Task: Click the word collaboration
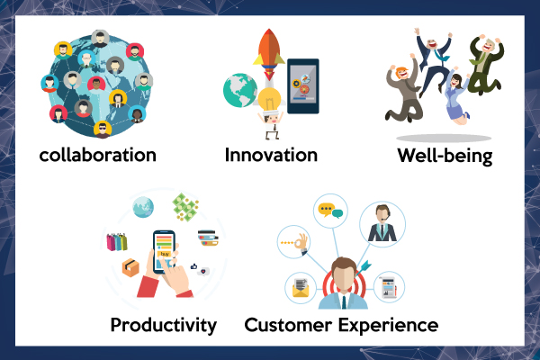click(98, 155)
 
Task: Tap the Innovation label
click(271, 155)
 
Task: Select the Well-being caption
click(445, 156)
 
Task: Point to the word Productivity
click(164, 326)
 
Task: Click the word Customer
click(288, 325)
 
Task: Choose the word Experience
click(388, 326)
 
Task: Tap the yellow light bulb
click(270, 100)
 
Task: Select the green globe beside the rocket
click(240, 90)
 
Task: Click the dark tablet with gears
click(303, 86)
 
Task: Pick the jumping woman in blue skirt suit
click(456, 96)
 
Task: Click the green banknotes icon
click(185, 207)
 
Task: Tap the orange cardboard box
click(130, 267)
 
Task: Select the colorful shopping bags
click(117, 242)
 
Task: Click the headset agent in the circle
click(382, 224)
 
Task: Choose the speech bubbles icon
click(330, 211)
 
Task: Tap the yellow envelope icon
click(301, 288)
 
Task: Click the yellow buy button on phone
click(165, 254)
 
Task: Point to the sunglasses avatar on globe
click(103, 130)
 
